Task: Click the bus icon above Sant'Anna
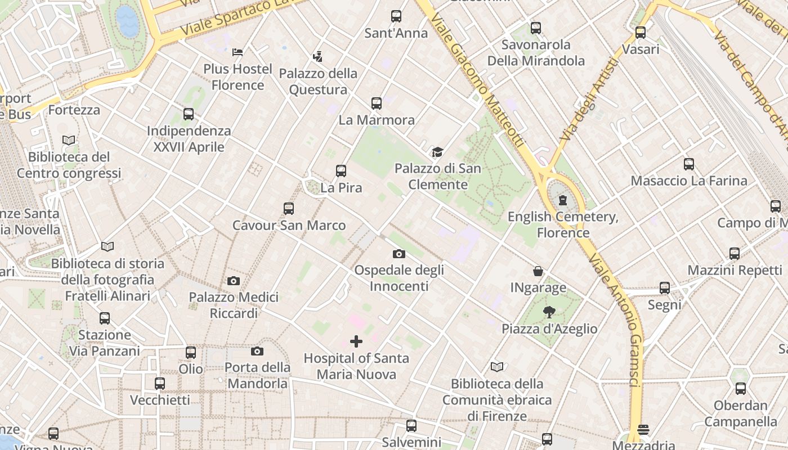point(396,16)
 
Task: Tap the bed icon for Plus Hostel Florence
point(238,52)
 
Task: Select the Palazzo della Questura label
point(318,81)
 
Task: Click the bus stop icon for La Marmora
point(377,103)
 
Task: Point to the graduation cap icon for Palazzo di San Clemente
point(437,152)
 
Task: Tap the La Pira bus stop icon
point(341,171)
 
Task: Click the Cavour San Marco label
point(289,226)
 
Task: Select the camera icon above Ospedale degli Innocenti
point(399,254)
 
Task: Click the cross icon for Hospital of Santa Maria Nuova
point(356,341)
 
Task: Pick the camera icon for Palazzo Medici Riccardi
point(234,281)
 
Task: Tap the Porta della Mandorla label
point(257,375)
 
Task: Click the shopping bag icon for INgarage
point(538,272)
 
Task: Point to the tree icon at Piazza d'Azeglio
point(549,312)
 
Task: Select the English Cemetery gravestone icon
point(562,200)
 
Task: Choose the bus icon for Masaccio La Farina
point(689,164)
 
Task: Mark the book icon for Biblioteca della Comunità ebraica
point(496,367)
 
